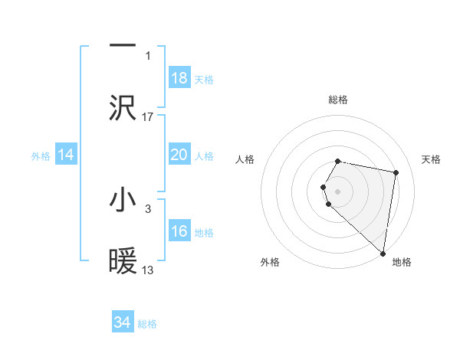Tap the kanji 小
click(123, 200)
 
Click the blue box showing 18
click(179, 78)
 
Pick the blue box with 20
click(179, 155)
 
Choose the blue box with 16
click(179, 231)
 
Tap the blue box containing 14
click(66, 155)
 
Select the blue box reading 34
click(123, 322)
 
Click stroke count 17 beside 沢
click(148, 116)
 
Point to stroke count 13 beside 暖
click(148, 270)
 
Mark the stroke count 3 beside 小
click(148, 208)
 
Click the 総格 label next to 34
click(147, 324)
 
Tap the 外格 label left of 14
click(41, 156)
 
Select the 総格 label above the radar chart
click(337, 100)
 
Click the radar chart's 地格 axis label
click(402, 262)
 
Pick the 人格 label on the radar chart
click(245, 159)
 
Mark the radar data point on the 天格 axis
click(396, 172)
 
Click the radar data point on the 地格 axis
click(383, 253)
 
